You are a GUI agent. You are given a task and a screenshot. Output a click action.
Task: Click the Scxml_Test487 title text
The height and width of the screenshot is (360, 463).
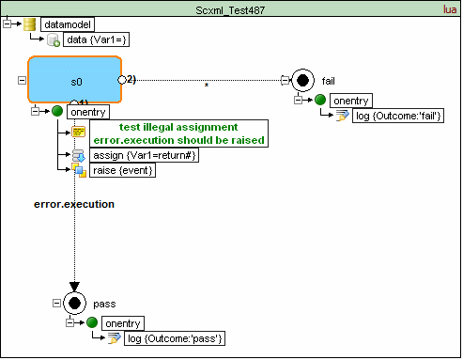230,10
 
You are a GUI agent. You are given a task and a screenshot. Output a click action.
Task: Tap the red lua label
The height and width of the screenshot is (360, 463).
450,9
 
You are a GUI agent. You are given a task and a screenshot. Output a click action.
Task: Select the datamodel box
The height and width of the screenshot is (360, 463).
68,24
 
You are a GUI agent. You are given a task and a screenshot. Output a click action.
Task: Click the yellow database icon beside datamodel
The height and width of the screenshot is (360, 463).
30,24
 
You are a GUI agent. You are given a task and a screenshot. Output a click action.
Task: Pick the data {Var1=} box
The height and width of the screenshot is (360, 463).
96,39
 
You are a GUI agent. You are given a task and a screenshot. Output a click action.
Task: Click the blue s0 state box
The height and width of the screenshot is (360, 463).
74,80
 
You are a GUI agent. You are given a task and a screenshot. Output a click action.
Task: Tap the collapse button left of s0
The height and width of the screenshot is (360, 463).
22,80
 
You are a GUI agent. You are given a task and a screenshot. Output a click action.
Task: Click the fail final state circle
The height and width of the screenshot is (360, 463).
302,81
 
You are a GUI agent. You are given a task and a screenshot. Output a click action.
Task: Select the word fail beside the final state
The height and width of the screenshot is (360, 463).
329,81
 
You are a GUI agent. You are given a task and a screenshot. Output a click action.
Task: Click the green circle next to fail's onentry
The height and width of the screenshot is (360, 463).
320,100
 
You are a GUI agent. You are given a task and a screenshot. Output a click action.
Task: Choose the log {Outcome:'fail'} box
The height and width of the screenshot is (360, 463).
398,116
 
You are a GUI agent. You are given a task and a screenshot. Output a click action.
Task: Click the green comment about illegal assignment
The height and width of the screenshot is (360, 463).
179,133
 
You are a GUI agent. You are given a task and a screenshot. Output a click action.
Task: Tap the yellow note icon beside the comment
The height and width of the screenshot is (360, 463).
78,132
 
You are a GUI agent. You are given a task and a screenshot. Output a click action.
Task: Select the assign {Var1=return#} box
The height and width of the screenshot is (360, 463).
145,155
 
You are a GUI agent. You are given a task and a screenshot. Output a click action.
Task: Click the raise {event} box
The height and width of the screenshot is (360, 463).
123,170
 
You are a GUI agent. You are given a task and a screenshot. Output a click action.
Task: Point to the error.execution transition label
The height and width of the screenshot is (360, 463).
74,204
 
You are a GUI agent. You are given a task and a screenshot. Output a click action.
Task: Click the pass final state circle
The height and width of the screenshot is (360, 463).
74,304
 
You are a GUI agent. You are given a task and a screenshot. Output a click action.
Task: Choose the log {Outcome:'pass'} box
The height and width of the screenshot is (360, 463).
175,338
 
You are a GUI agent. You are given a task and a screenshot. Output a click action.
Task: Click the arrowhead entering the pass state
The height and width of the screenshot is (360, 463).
74,287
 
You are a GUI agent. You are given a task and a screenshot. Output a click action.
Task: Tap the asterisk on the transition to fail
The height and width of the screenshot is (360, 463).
207,85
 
